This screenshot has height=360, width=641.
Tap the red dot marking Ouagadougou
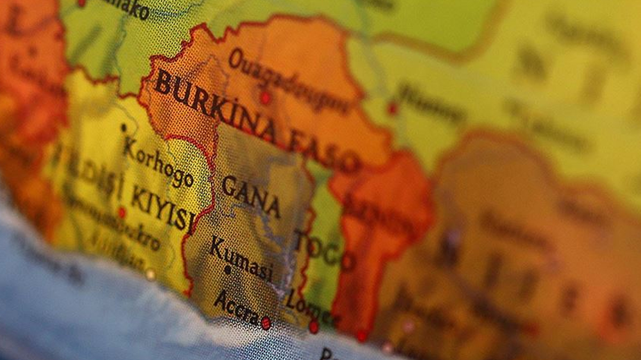pos(265,98)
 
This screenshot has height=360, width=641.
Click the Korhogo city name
pos(158,162)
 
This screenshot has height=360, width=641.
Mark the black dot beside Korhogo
pos(124,128)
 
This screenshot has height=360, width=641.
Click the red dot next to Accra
pos(266,323)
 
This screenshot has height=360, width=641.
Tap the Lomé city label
pos(311,310)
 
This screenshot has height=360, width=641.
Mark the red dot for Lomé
pos(314,326)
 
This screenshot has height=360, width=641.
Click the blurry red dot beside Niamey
pos(392,108)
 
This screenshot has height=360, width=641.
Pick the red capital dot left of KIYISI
pos(122,213)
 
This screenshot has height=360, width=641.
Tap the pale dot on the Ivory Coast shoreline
pos(151,274)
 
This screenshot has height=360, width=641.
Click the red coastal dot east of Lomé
pos(362,335)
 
